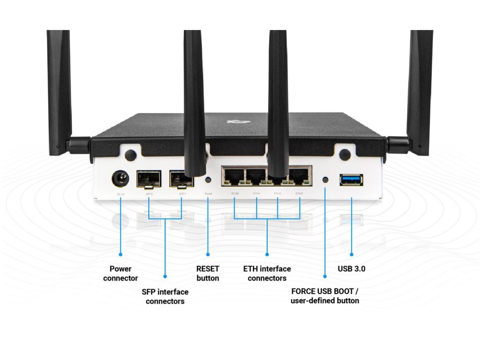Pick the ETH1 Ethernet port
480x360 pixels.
pos(256,177)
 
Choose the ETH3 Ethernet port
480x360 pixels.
pos(299,177)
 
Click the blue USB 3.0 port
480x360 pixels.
pos(351,179)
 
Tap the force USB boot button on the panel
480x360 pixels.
pos(326,179)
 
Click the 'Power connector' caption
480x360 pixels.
pos(120,273)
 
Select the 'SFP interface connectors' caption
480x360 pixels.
pos(165,296)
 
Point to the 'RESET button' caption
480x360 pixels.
pos(208,273)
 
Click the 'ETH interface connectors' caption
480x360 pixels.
pos(267,273)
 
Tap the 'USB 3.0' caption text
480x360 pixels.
pos(352,269)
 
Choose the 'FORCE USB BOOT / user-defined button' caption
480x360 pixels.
pos(325,296)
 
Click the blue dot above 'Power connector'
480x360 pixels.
pos(120,255)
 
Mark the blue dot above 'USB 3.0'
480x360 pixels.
pos(352,255)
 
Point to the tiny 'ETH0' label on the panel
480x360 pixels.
pos(235,193)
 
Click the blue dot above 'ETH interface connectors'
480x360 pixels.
pos(267,255)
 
